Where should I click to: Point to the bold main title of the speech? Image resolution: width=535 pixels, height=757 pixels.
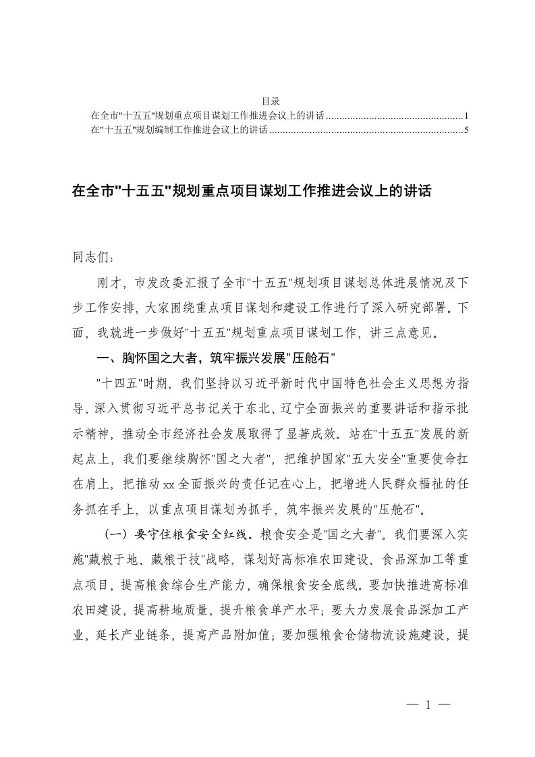coord(251,192)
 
